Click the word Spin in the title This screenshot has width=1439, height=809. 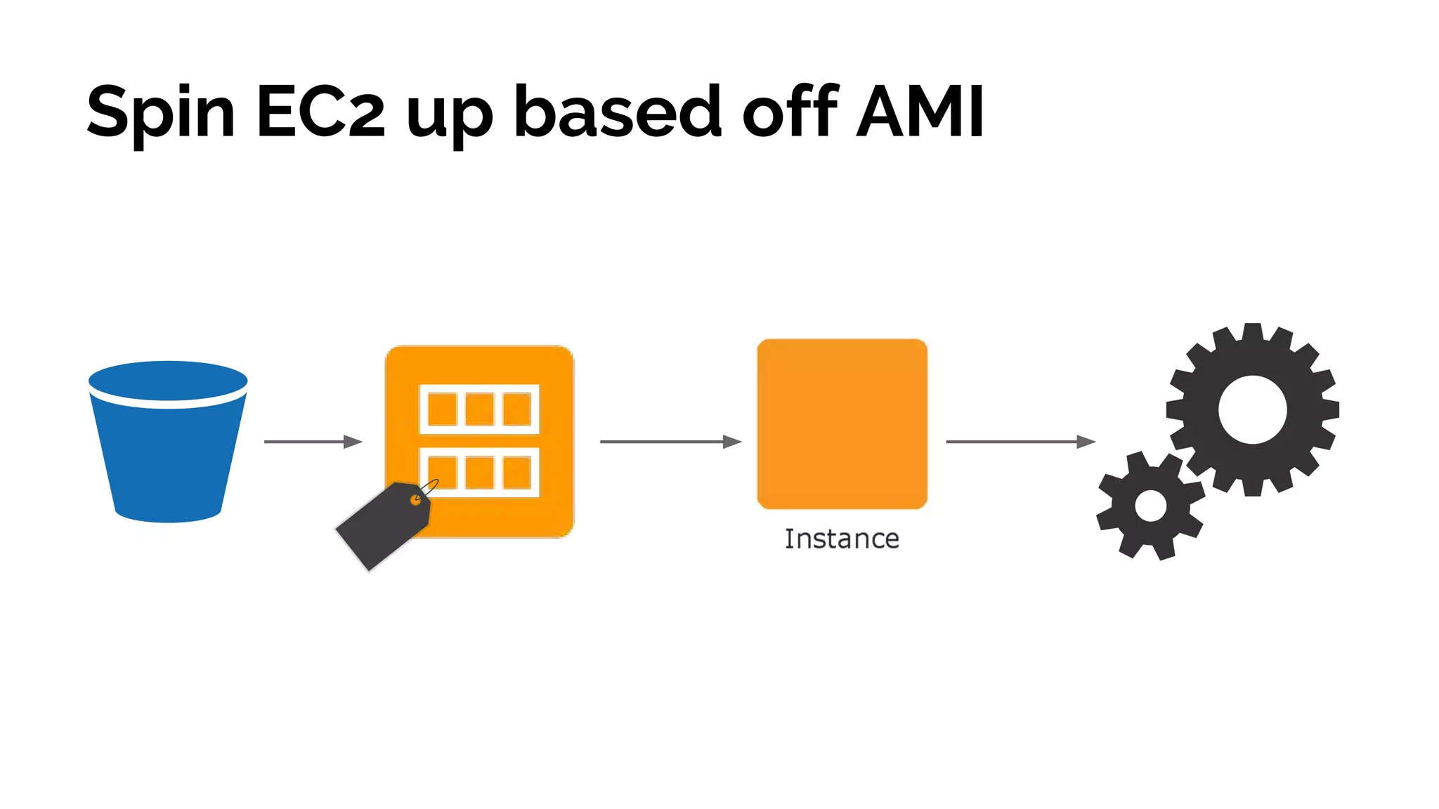160,112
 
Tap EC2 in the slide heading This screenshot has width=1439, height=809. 320,112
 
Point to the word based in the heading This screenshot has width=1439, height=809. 618,112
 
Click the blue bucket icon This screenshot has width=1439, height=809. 168,456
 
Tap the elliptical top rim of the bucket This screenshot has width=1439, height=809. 168,380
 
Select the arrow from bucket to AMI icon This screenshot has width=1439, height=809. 313,442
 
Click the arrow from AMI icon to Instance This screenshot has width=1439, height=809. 670,442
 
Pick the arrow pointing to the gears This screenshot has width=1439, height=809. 1020,442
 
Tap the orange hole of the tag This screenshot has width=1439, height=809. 416,501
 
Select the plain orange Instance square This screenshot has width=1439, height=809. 842,424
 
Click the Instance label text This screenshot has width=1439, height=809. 842,539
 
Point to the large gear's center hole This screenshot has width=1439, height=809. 1252,409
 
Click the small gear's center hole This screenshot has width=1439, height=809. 1150,506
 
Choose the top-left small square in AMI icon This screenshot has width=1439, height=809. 443,409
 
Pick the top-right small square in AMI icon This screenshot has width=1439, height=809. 517,409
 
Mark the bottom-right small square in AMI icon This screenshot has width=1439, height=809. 517,472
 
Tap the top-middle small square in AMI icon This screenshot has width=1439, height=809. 480,409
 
